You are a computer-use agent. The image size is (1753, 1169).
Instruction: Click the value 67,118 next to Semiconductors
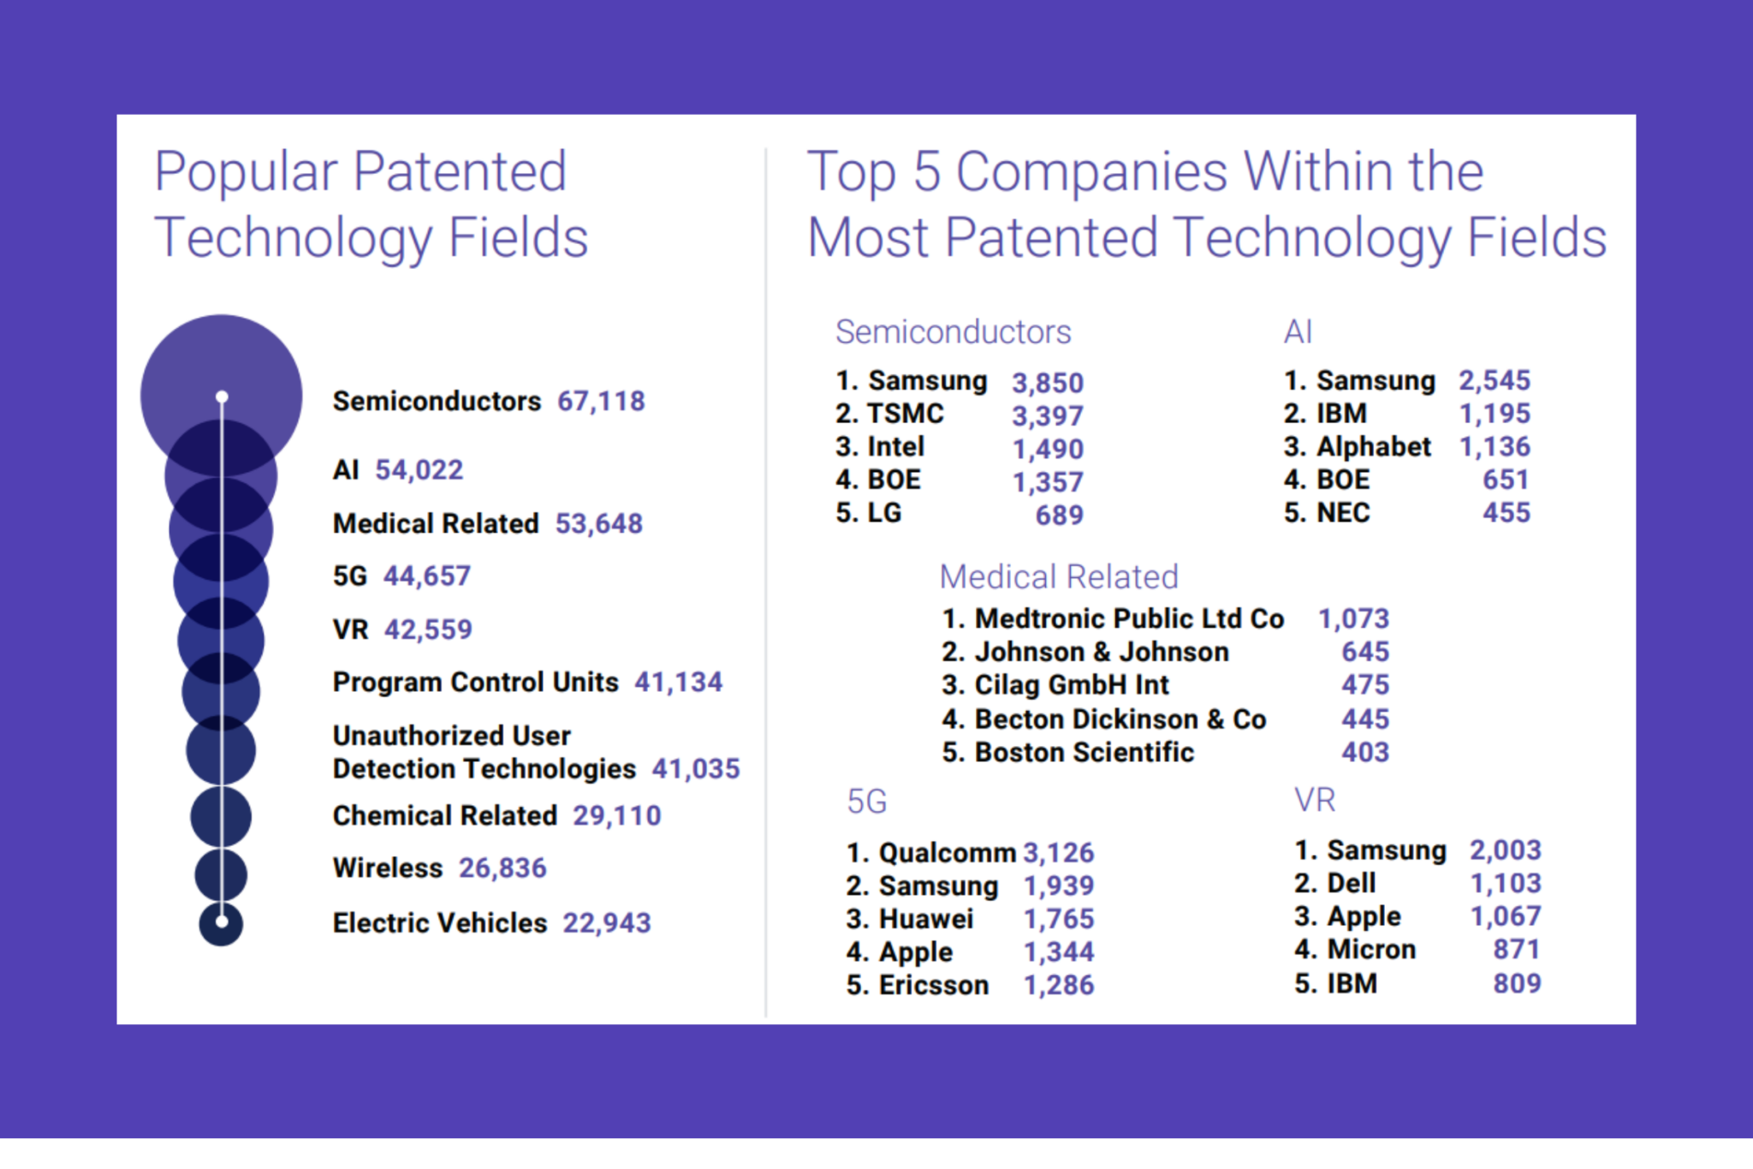coord(601,401)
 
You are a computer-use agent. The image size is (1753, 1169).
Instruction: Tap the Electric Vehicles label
coord(439,922)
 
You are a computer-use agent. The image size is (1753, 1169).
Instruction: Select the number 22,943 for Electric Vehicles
coord(606,922)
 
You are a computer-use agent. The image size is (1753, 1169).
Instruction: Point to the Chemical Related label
coord(444,815)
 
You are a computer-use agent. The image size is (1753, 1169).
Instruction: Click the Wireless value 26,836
coord(502,868)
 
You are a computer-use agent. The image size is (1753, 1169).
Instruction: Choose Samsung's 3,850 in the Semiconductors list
coord(1048,382)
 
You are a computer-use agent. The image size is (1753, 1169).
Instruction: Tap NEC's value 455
coord(1506,512)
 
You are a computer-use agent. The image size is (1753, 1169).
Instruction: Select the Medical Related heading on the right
coord(1059,576)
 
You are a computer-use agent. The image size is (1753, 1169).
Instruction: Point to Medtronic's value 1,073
coord(1353,618)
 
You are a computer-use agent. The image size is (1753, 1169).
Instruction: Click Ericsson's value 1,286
coord(1059,985)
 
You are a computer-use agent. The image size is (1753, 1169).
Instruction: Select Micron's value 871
coord(1516,949)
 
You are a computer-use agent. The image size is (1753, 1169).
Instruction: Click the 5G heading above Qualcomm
coord(866,802)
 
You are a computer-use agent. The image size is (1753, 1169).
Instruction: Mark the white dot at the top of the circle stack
coord(222,397)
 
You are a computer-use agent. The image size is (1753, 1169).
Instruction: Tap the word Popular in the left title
coord(247,172)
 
